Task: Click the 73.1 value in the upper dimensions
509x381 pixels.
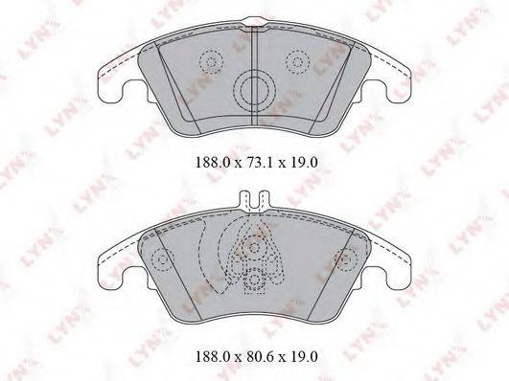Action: (255, 162)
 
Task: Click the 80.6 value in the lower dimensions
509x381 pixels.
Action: (255, 357)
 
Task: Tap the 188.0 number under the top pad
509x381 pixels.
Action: (212, 162)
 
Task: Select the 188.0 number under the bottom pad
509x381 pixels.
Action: (212, 357)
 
